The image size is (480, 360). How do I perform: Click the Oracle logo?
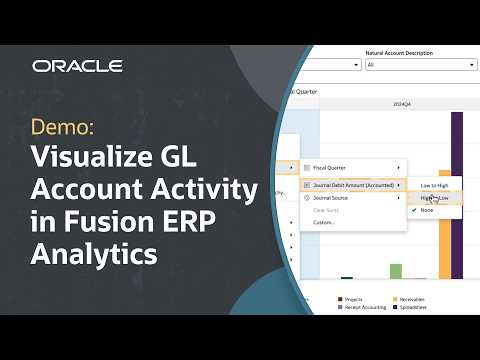pyautogui.click(x=77, y=66)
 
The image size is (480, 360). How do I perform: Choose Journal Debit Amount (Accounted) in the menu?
pyautogui.click(x=356, y=184)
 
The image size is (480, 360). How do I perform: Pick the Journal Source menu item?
pyautogui.click(x=337, y=198)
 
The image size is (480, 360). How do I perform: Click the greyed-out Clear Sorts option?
pyautogui.click(x=329, y=210)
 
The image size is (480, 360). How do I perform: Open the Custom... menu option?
pyautogui.click(x=325, y=222)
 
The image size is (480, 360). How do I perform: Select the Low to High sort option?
pyautogui.click(x=435, y=186)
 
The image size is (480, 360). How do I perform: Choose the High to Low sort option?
pyautogui.click(x=435, y=198)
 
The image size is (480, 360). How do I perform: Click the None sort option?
pyautogui.click(x=427, y=210)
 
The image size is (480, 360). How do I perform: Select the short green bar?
pyautogui.click(x=396, y=271)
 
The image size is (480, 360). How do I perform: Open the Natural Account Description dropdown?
pyautogui.click(x=421, y=65)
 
